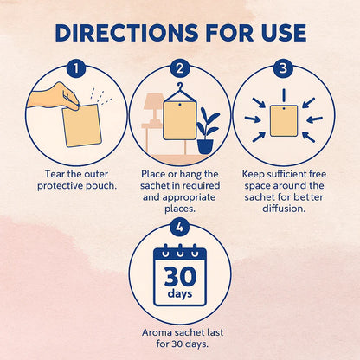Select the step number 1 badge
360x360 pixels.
[76, 68]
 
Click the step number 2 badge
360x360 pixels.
[180, 68]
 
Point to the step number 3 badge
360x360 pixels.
[283, 68]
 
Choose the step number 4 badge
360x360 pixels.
[180, 228]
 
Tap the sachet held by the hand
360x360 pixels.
[82, 125]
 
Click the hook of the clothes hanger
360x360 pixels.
[180, 86]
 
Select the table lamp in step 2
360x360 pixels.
[153, 109]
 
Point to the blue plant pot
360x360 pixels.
[205, 146]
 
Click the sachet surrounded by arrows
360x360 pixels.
[284, 120]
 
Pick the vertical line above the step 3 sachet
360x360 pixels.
[284, 95]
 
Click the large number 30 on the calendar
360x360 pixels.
[180, 276]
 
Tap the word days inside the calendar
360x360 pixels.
[180, 294]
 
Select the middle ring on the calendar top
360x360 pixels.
[180, 250]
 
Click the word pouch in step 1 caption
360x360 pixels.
[101, 186]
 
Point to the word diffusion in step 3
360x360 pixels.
[284, 209]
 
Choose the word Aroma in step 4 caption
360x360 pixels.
[155, 332]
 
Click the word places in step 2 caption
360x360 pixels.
[180, 209]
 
